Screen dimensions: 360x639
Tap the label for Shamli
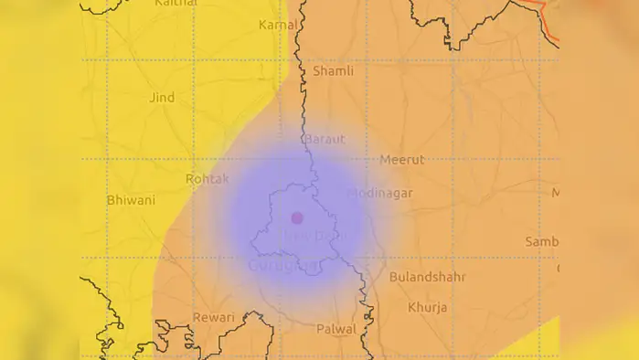click(333, 70)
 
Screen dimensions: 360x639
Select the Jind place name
click(161, 97)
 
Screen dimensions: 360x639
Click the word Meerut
click(402, 160)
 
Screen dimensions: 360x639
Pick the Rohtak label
click(207, 179)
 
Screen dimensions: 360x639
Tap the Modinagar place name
click(380, 194)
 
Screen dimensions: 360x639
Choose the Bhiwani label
click(131, 200)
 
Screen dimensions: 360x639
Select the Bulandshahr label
click(427, 276)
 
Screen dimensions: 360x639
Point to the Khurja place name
click(428, 307)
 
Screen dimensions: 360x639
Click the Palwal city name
click(335, 328)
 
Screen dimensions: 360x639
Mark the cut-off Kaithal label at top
click(176, 4)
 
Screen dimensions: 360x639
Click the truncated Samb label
click(541, 241)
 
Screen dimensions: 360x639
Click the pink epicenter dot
click(296, 217)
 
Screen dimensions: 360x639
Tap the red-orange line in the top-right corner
click(548, 16)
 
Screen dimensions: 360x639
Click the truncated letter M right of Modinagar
click(555, 193)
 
